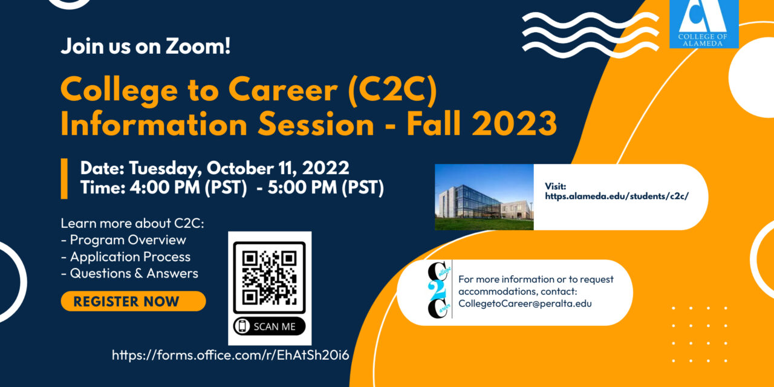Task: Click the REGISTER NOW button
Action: pos(134,301)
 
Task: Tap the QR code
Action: pos(269,278)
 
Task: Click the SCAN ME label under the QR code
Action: pos(270,326)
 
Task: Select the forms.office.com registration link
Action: pos(230,355)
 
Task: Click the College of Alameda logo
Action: pos(704,24)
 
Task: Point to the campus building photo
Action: pos(484,197)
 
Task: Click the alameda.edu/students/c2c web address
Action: pos(617,197)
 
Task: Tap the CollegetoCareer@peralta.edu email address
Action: pos(525,304)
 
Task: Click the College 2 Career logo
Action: pos(439,290)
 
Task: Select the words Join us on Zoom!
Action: pos(146,46)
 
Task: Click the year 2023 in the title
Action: pos(514,123)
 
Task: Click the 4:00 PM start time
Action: pos(165,187)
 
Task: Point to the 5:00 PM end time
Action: pos(302,187)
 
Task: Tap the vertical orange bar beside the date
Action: pos(64,178)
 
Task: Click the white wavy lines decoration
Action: pos(591,35)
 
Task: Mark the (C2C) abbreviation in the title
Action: pos(393,91)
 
